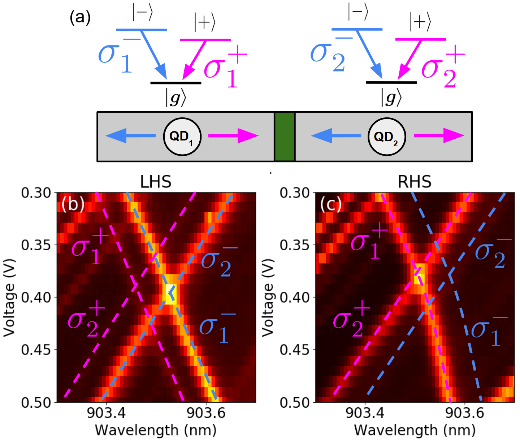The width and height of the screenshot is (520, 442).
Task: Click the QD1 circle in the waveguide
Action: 182,136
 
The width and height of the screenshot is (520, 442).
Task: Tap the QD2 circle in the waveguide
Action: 387,137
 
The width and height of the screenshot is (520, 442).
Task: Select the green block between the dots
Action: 285,136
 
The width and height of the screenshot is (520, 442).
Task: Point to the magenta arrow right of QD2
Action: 439,136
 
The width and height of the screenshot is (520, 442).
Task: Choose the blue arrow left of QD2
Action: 336,136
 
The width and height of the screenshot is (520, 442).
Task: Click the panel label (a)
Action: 80,17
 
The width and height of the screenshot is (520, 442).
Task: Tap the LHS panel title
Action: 156,181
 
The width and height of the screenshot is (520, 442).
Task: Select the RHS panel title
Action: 415,181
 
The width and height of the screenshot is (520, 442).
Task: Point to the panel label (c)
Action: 331,205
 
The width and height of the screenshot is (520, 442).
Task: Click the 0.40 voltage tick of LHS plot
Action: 36,298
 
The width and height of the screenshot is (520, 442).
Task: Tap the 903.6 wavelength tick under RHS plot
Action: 464,412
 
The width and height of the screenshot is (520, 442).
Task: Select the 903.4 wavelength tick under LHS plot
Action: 106,412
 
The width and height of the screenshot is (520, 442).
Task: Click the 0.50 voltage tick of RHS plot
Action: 295,402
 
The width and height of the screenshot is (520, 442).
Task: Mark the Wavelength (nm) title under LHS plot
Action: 156,430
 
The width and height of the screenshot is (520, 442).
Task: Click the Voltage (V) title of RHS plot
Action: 268,298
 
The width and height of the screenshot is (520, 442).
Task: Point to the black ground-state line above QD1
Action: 175,83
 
